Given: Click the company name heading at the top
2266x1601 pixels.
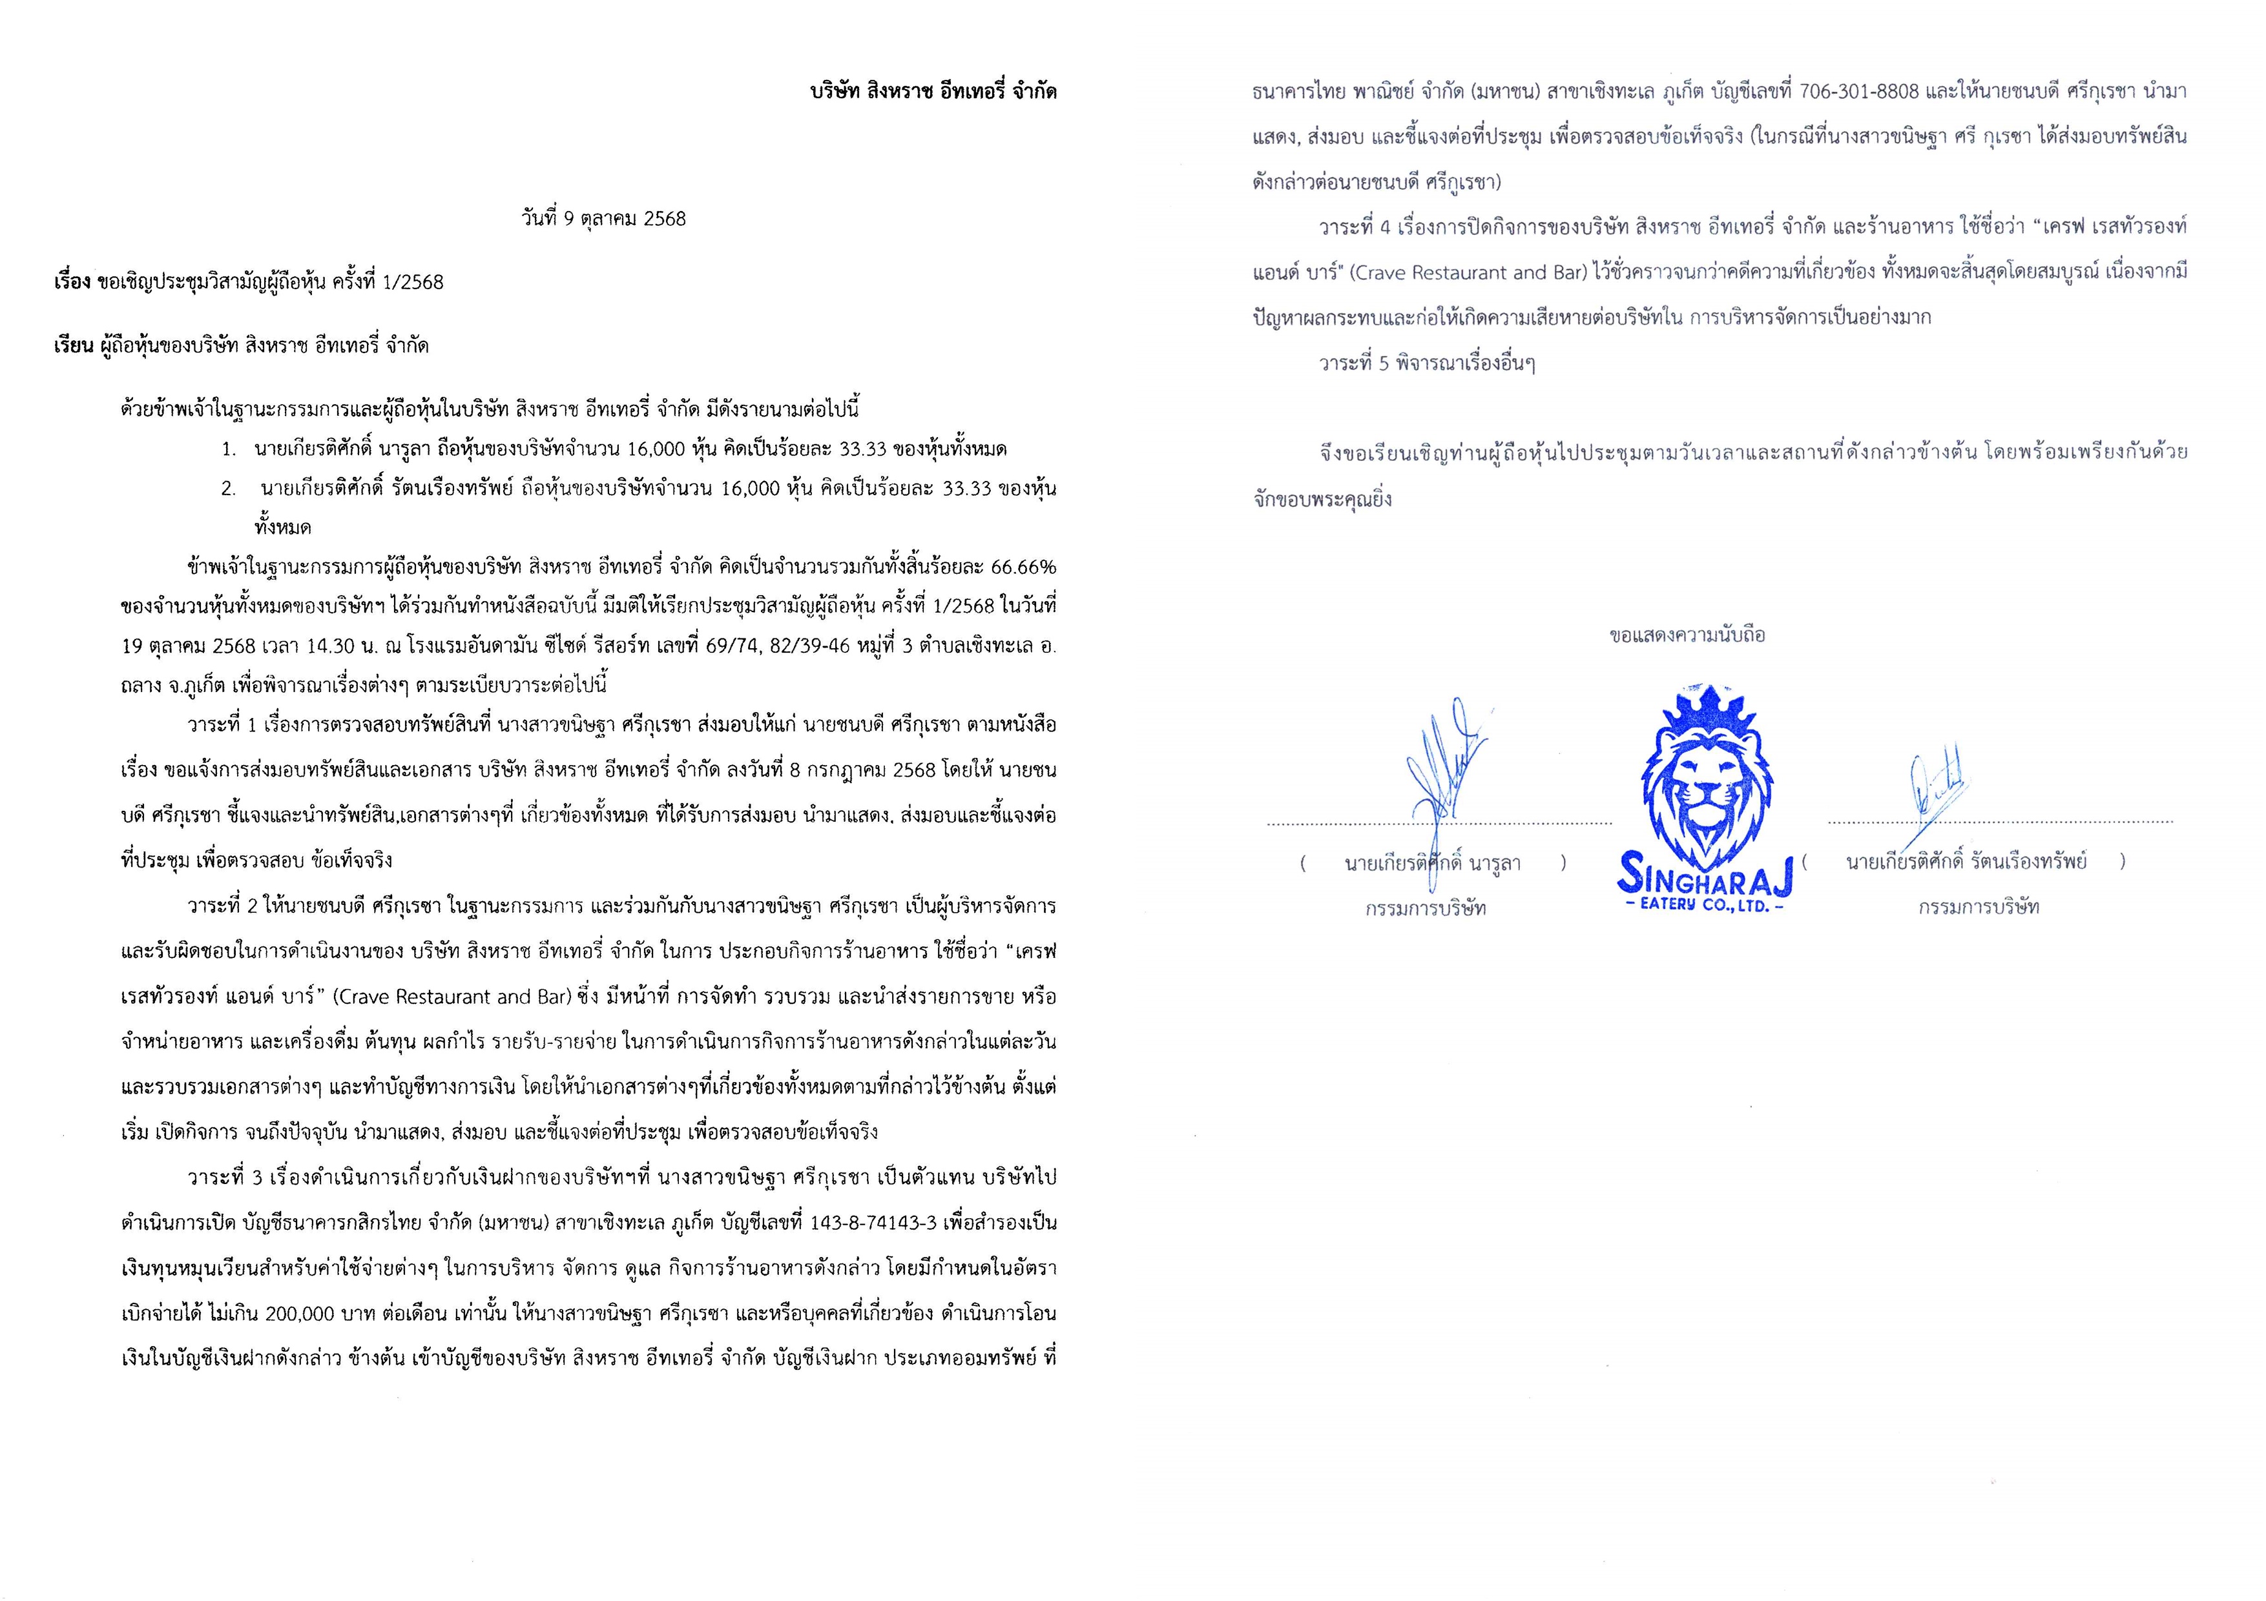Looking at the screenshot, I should coord(933,92).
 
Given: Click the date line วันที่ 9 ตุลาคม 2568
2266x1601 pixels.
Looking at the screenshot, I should coord(604,218).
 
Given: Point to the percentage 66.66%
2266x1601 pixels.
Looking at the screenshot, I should coord(1023,567).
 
